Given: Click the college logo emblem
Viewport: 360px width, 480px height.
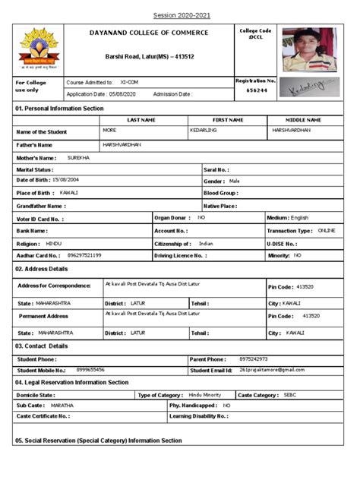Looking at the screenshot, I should tap(36, 48).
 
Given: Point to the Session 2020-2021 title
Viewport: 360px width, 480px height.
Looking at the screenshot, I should tap(180, 15).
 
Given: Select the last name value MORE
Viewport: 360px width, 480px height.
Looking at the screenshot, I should tap(110, 131).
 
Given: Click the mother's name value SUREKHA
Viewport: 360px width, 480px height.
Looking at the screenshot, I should tap(79, 157).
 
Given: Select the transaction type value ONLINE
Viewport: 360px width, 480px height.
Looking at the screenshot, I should tap(327, 229).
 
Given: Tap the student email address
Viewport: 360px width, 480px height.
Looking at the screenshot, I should tap(271, 369).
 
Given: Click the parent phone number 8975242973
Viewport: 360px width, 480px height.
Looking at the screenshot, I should tap(253, 358).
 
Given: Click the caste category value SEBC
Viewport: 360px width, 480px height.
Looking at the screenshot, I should tap(290, 395).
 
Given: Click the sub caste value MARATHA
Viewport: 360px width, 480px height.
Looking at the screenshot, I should tap(62, 406).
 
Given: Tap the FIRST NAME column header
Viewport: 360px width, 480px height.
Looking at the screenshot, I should tap(228, 120).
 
